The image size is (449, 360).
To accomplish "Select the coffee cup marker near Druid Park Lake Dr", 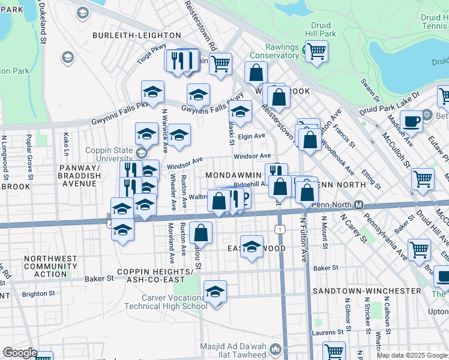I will pos(411,121).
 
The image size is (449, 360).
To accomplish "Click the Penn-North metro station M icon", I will pos(358,205).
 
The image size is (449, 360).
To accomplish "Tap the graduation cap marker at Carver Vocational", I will pos(215,292).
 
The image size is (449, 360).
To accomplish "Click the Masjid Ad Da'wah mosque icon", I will pos(276,348).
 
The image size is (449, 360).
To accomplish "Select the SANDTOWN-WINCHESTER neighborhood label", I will pos(367,290).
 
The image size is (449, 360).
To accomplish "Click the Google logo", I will pos(20,352).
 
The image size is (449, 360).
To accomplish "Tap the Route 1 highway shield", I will pos(280,229).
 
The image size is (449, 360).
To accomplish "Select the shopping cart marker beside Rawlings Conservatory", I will pos(316,51).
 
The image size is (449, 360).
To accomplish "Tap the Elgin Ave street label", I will pos(252,136).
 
